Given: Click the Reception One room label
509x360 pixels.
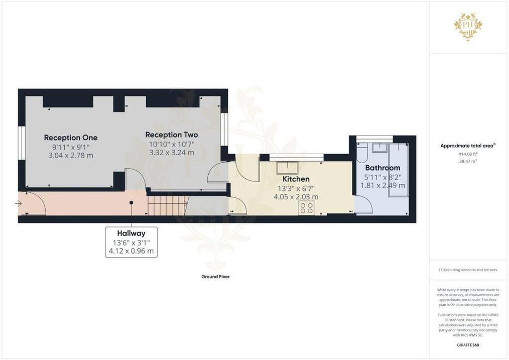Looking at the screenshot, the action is coord(71,138).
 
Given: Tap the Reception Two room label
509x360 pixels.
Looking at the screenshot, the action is coord(171,135).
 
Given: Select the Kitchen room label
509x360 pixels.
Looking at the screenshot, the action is coord(296,179).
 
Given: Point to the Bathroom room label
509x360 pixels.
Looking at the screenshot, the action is coord(383,168).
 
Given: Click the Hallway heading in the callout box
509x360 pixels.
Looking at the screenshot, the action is coord(131,233).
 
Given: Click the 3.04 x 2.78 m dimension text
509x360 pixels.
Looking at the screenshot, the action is coord(71,156).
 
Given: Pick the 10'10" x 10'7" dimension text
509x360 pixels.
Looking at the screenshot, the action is coord(172,144).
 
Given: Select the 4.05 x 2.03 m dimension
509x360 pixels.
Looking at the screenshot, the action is coord(296,197).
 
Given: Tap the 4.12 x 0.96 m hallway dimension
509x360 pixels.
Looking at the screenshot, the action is coord(131,251).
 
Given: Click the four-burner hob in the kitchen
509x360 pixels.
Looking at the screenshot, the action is coord(306,208).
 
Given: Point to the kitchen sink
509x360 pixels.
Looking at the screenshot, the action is coord(287,168).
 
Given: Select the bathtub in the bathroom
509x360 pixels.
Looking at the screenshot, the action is coord(398,170).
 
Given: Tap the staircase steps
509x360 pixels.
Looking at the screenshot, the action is coord(168,205).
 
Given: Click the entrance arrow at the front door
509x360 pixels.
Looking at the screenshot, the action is coord(18,204).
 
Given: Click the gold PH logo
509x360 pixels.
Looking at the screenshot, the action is coord(468,27).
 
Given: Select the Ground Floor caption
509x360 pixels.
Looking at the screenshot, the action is coord(215,277).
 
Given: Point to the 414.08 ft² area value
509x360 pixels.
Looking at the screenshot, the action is coord(468,154).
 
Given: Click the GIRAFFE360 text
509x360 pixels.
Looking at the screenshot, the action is coord(468,345).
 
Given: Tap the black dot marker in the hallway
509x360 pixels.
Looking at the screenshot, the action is coord(131,202).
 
